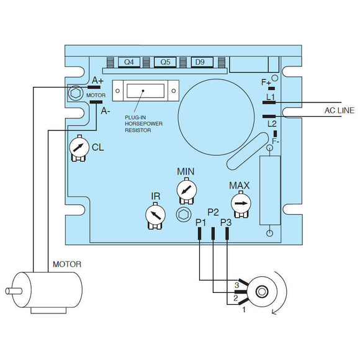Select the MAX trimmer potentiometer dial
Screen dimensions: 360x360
point(240,203)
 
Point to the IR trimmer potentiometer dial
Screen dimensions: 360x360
point(155,215)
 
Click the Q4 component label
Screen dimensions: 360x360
point(128,62)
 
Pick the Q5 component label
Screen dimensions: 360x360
point(165,62)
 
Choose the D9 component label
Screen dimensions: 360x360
point(200,62)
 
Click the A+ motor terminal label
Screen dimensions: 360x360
point(97,81)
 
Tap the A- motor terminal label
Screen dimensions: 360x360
point(105,111)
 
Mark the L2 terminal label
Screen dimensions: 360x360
point(272,124)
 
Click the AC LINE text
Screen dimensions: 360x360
point(340,110)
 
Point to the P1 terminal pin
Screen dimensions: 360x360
point(199,233)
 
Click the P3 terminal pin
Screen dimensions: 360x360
point(228,233)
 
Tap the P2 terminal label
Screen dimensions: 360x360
point(213,212)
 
